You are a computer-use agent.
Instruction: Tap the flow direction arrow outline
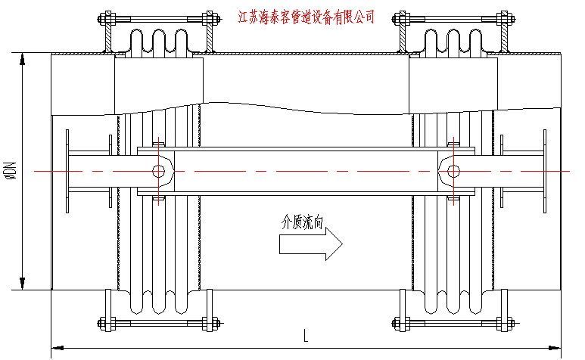(311, 244)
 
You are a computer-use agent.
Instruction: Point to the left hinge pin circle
(160, 171)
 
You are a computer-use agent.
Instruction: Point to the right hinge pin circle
(452, 171)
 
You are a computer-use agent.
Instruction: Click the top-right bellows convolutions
(453, 42)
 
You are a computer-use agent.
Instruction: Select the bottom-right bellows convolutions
(453, 300)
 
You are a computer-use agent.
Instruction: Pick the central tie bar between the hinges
(306, 171)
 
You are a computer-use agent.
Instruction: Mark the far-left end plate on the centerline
(67, 171)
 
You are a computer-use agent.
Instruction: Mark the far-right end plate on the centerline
(544, 171)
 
